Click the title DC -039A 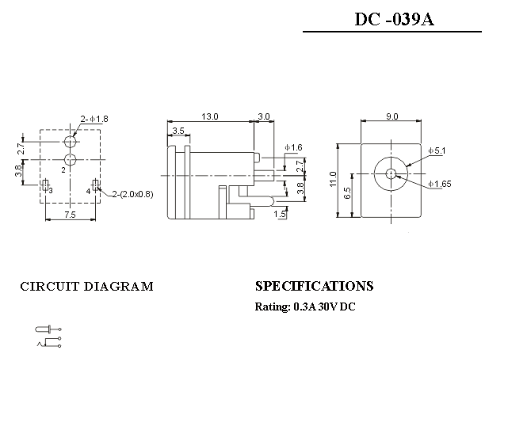pos(393,19)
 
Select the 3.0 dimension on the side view pos(264,116)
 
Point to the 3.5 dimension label pos(178,131)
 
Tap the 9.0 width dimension pos(392,116)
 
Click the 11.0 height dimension pos(334,180)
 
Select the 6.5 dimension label pos(348,196)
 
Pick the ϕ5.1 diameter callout pos(437,150)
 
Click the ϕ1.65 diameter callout pos(439,185)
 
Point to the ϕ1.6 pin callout pos(292,148)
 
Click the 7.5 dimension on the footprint pos(70,214)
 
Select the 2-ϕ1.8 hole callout pos(94,119)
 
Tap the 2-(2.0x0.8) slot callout pos(132,194)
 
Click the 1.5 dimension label pos(280,215)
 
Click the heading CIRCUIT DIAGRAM pos(86,287)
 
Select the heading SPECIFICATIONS pos(314,286)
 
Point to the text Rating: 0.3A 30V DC pos(305,306)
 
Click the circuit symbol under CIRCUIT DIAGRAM pos(48,336)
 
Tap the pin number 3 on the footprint pos(50,191)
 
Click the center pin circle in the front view pos(392,173)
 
